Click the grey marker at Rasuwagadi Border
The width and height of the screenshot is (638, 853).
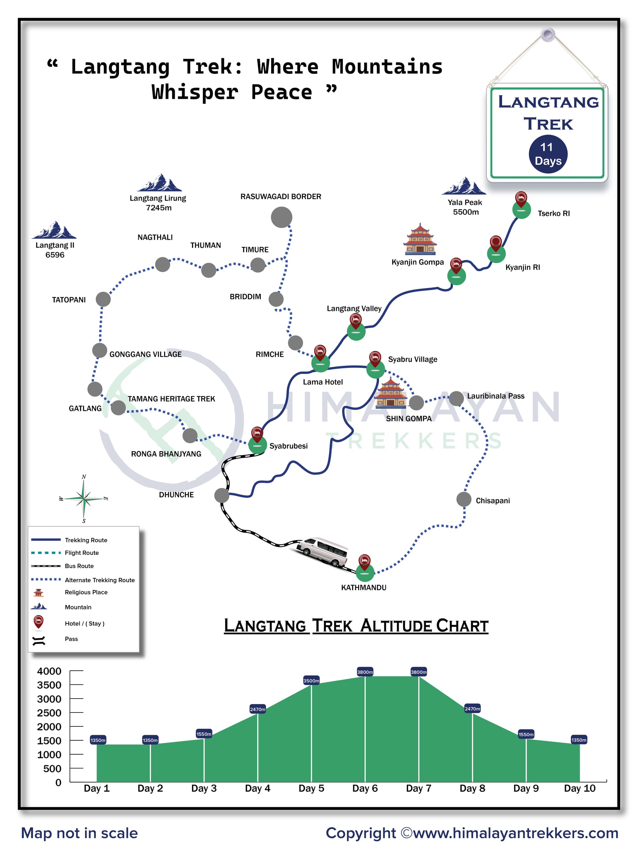(x=281, y=217)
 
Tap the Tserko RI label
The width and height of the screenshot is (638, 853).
(x=553, y=213)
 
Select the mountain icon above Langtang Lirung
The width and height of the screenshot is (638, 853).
(x=159, y=182)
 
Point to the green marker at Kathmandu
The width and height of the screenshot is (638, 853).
(x=365, y=573)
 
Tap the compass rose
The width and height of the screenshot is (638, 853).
(x=84, y=499)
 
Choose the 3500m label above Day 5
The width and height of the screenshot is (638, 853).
(x=311, y=680)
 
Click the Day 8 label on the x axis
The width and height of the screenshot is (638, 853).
(x=472, y=788)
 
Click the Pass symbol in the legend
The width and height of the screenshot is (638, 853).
(x=39, y=640)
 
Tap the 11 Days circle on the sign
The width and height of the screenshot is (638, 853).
(x=547, y=154)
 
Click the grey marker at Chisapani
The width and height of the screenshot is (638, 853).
(x=463, y=499)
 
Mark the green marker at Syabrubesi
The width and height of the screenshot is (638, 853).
(x=257, y=445)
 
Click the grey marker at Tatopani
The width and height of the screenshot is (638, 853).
(x=103, y=299)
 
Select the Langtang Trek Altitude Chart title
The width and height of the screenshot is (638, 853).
(x=356, y=625)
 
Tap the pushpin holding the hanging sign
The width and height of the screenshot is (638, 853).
(x=547, y=35)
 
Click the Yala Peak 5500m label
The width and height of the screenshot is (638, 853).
(x=465, y=207)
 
